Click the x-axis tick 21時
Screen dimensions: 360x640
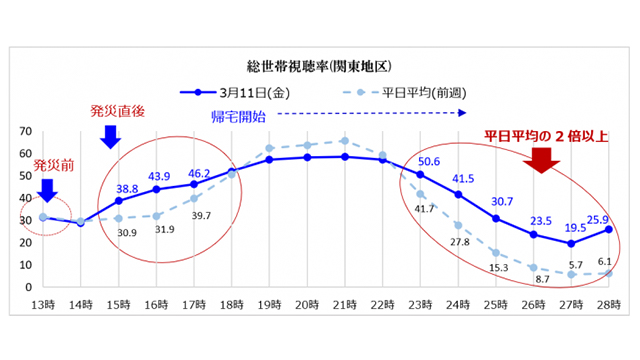(344, 304)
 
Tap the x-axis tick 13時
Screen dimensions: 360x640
(42, 304)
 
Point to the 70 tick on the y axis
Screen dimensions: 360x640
(23, 132)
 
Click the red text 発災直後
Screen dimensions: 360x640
(117, 108)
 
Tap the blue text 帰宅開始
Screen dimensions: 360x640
(239, 116)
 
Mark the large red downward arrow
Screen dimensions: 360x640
(546, 159)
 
